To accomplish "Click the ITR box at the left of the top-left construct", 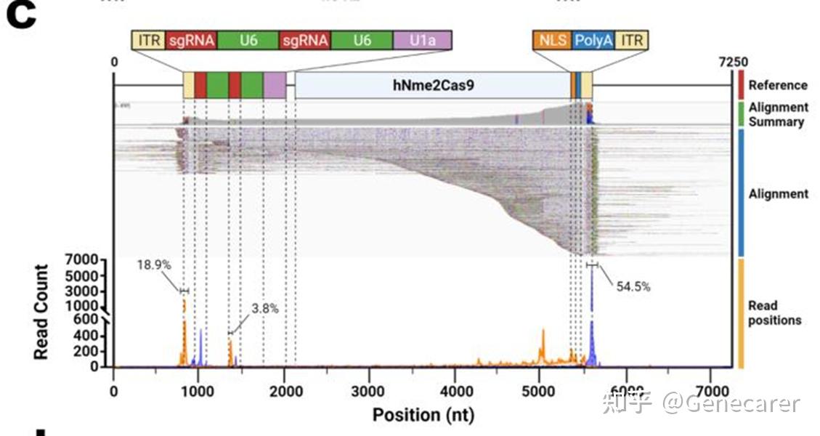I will (x=148, y=40).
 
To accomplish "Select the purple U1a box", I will (x=422, y=40).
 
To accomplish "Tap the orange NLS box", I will (x=552, y=40).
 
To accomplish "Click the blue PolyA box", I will (x=593, y=40).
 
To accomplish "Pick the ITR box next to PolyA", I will (x=632, y=40).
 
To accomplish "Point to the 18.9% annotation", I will (x=154, y=265).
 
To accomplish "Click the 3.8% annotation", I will (x=265, y=308).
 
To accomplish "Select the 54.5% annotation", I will (x=633, y=286).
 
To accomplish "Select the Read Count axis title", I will (x=41, y=312).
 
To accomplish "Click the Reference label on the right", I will (x=778, y=85).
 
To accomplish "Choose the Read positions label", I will (x=774, y=312).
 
